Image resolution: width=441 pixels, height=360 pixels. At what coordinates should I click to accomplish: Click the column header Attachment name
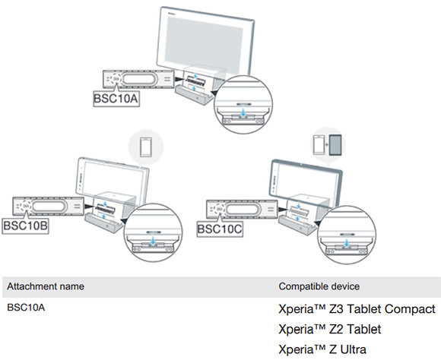coord(46,286)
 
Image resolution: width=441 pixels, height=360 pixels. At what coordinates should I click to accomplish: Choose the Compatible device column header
coord(319,286)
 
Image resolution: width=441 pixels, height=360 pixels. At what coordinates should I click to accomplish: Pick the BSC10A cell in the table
coord(25,308)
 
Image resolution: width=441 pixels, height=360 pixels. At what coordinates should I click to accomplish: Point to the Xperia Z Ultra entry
coord(322,349)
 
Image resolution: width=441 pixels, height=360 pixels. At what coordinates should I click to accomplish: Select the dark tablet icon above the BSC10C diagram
coord(334,144)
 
